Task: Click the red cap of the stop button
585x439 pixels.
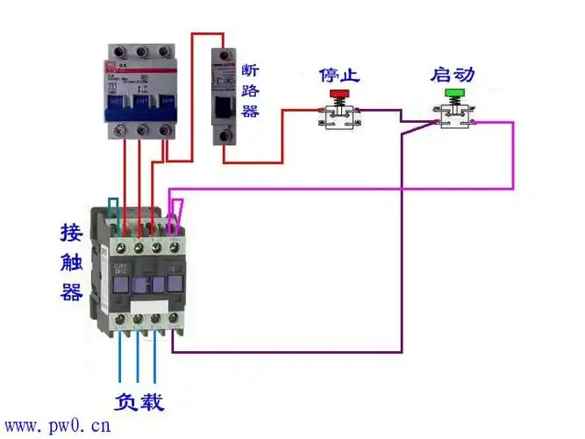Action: point(338,93)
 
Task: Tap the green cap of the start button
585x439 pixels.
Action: point(454,92)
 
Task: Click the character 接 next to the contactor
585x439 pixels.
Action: point(72,233)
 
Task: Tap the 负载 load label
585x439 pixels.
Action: point(139,402)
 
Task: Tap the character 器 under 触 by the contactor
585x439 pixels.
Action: point(72,291)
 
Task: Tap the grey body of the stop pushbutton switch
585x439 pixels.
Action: point(338,117)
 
